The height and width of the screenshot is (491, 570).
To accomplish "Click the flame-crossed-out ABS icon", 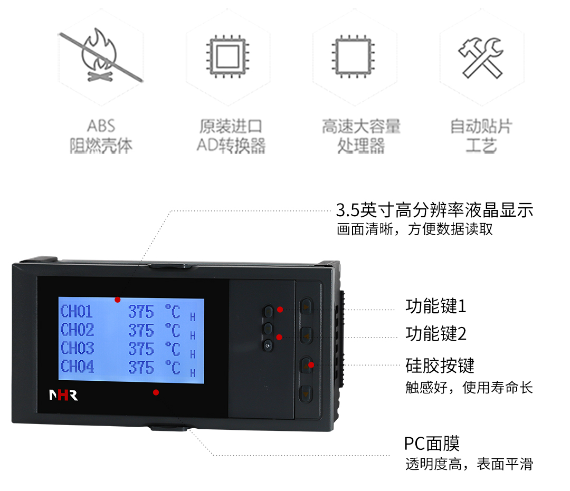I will (100, 56).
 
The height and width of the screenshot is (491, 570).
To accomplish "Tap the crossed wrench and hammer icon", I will (480, 57).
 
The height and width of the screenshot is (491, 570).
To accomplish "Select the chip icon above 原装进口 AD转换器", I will (227, 56).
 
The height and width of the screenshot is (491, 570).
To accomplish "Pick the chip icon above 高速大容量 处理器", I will (354, 56).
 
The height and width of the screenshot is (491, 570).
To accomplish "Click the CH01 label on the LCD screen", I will (77, 311).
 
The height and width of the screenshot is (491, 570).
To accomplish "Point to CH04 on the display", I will (77, 366).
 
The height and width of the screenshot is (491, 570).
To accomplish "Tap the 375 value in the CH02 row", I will (141, 330).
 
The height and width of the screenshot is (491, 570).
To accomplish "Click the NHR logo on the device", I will (63, 396).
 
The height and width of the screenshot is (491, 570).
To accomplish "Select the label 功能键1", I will (436, 306).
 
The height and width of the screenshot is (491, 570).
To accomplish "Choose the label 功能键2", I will (436, 333).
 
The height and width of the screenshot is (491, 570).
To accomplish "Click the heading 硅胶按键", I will (440, 365).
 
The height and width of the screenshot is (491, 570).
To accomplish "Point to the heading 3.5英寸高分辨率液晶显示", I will (434, 210).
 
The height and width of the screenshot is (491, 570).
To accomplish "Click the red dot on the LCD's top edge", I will (118, 300).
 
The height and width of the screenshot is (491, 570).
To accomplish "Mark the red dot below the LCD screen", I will (156, 392).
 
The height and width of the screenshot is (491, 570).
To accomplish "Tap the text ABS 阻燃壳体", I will (101, 136).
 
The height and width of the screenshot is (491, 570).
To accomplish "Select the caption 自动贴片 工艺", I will (480, 136).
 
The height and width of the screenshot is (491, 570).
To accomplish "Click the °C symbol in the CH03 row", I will (172, 349).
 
